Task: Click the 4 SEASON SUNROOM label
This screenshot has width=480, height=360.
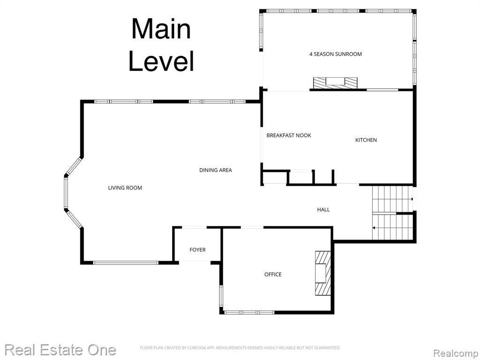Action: (336, 54)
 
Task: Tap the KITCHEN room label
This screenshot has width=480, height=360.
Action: (366, 140)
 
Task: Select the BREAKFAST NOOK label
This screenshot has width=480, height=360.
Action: (289, 135)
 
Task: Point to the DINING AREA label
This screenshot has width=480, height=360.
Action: (216, 170)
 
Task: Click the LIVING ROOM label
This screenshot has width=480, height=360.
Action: (125, 187)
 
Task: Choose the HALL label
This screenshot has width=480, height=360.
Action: (323, 210)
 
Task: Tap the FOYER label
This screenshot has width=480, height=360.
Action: (197, 250)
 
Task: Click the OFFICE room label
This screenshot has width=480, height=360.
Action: (273, 274)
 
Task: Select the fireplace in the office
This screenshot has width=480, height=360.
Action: (323, 273)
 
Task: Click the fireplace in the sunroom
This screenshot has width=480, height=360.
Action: (335, 82)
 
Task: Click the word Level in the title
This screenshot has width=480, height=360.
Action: (161, 61)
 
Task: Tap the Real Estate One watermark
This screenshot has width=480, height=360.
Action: (60, 350)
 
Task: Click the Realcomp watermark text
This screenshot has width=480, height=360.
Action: (456, 353)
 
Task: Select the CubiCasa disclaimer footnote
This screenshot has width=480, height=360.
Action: (240, 348)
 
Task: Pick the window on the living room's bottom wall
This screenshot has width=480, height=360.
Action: (126, 262)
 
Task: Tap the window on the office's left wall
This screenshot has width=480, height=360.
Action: (221, 296)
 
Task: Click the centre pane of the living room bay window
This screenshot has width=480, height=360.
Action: (66, 193)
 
